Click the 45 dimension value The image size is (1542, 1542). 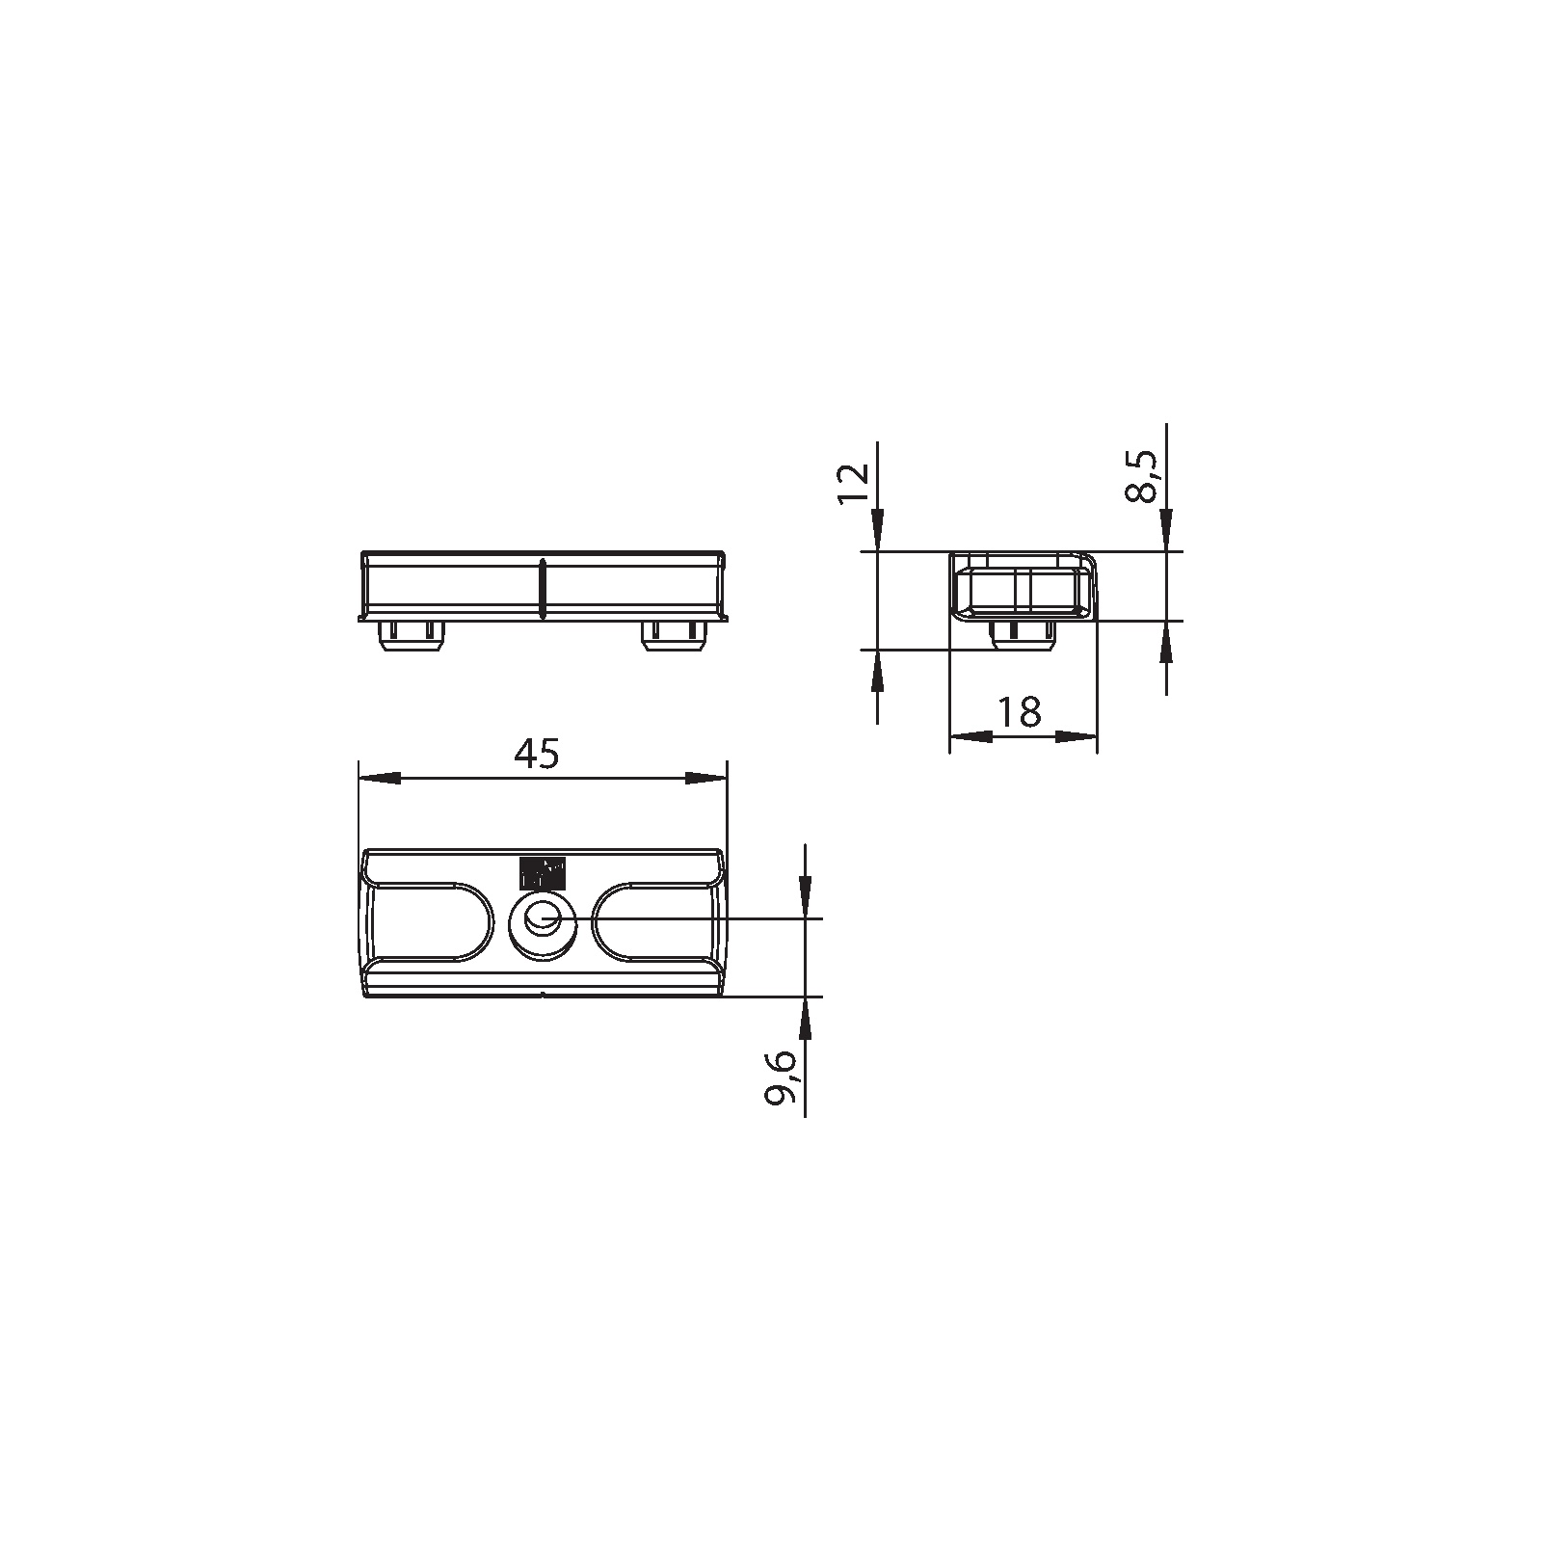coord(536,755)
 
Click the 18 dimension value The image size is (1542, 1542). coord(1019,713)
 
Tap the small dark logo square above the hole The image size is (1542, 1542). coord(541,872)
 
